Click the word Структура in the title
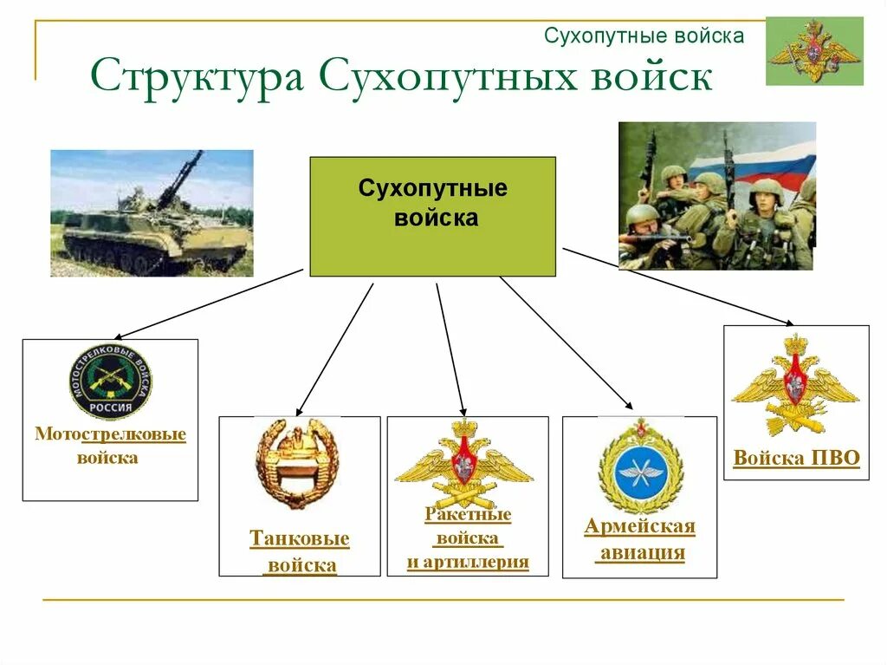197,77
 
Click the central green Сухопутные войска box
432,216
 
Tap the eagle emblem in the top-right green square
813,51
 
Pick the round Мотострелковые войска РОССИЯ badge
110,381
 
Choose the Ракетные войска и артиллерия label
468,538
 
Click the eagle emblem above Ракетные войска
465,464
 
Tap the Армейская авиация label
640,540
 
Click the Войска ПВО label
796,458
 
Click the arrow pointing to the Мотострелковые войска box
208,303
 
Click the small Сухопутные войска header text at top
644,36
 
